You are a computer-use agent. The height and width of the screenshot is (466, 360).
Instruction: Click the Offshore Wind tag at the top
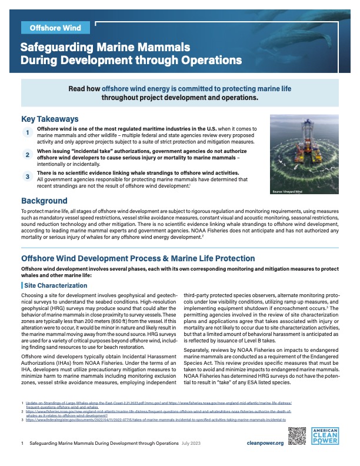tap(55, 28)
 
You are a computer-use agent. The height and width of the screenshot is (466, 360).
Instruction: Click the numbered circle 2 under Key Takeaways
tap(27, 155)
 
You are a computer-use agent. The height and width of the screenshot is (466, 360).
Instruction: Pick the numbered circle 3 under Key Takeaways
tap(27, 176)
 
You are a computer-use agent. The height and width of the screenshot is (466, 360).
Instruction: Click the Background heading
tap(44, 201)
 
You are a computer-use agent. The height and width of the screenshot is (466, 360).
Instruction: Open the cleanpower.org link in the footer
tap(265, 442)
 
